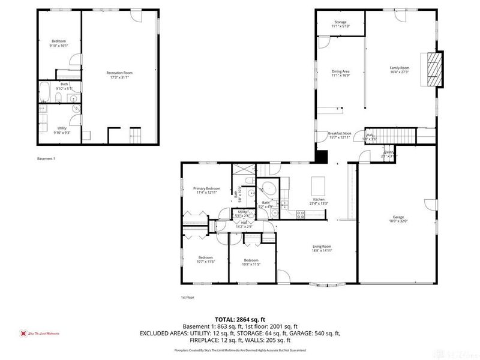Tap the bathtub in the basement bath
45,92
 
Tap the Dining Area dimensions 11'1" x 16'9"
340,76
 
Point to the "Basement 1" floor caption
46,158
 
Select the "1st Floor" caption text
188,297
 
